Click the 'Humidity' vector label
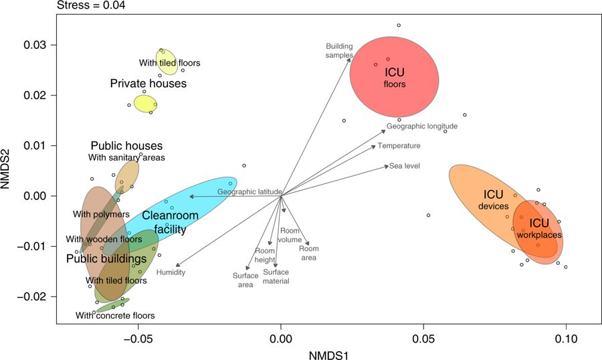click(171, 272)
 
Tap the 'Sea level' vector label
click(404, 165)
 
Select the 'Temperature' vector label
click(399, 145)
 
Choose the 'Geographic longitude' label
click(421, 126)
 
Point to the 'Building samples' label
click(339, 51)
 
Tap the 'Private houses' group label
click(148, 84)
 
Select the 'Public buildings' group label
click(106, 258)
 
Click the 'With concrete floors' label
click(114, 315)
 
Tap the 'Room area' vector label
click(308, 253)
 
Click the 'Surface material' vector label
click(276, 276)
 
